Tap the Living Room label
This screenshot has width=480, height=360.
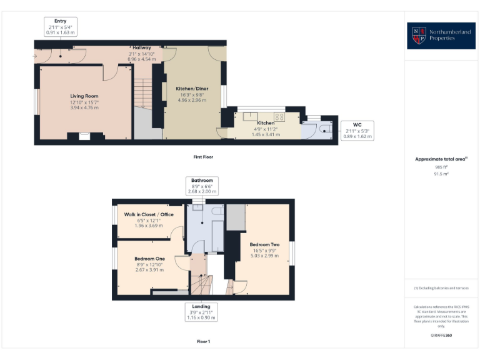click(x=84, y=102)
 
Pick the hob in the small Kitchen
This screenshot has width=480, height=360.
click(x=279, y=116)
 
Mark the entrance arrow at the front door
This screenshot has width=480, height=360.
click(x=35, y=57)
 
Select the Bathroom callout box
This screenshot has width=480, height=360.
click(x=201, y=186)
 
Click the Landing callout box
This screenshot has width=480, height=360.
click(x=201, y=312)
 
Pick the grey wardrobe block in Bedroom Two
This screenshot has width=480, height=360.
click(x=236, y=216)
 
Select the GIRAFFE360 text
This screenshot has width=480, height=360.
click(x=441, y=336)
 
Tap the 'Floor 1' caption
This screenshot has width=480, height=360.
click(x=203, y=341)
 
